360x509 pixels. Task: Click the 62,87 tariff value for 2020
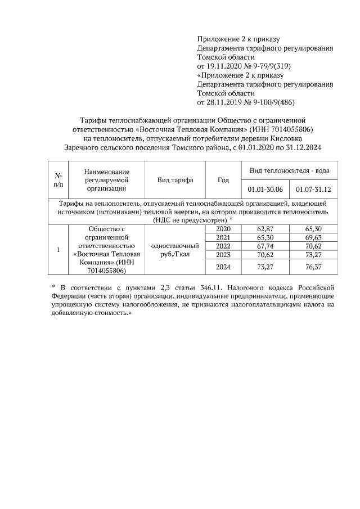[x=264, y=229]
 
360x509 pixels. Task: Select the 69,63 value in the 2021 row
[x=313, y=238]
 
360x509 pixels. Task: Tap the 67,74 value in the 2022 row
[x=264, y=246]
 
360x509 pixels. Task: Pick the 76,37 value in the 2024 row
[x=313, y=266]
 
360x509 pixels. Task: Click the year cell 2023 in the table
[x=223, y=255]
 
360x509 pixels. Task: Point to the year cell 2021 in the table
[x=223, y=238]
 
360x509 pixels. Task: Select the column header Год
[x=223, y=180]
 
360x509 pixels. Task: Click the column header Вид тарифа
[x=175, y=180]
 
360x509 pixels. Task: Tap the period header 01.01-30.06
[x=264, y=189]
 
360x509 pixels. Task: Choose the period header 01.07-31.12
[x=313, y=189]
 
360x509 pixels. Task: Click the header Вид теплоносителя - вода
[x=289, y=170]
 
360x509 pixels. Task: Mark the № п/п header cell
[x=58, y=180]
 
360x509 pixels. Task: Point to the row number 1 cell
[x=58, y=250]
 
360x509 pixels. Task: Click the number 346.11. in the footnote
[x=205, y=287]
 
